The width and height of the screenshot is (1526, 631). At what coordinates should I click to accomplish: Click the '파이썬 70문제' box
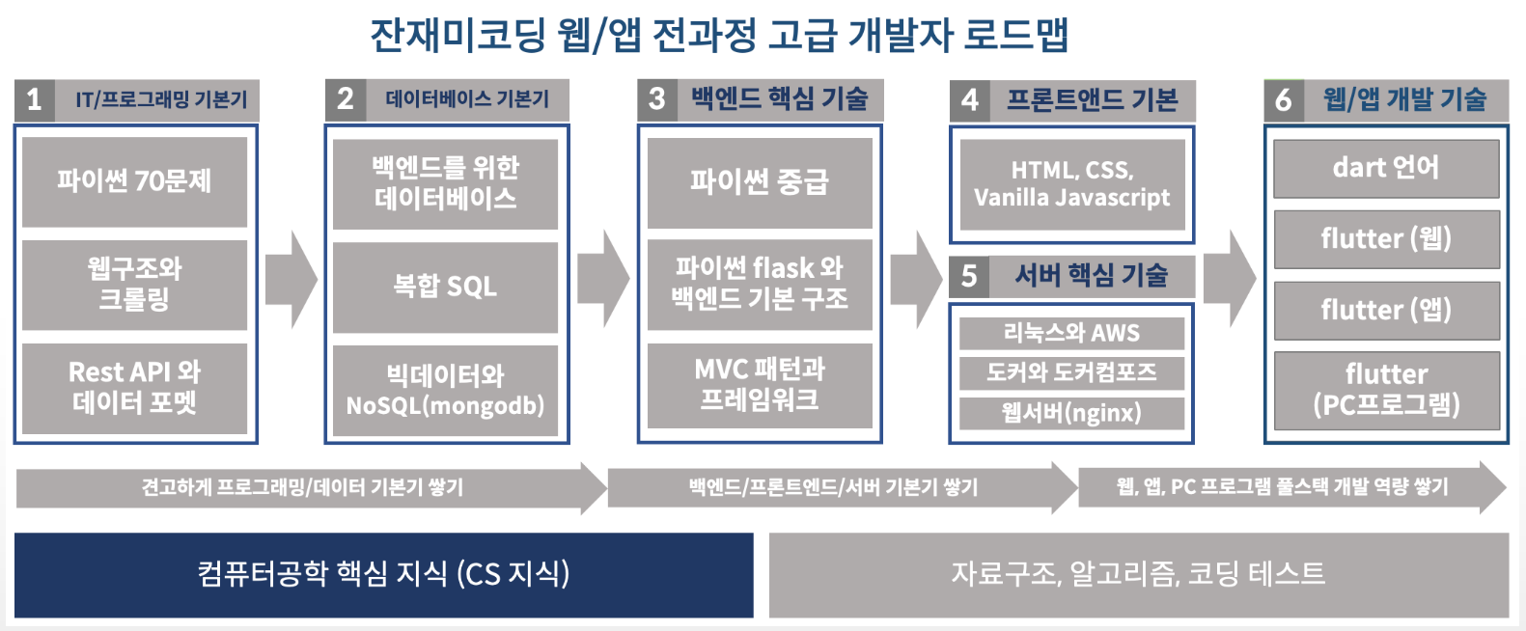coord(134,181)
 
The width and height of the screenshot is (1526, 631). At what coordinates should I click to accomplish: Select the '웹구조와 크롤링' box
coord(134,285)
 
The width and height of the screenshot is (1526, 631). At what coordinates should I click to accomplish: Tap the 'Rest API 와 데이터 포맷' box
coord(134,388)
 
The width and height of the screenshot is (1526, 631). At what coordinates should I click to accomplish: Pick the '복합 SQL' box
coord(445,288)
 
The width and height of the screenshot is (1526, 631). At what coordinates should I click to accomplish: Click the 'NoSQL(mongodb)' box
coord(445,391)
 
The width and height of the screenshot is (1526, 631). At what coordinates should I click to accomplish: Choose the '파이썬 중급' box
coord(760,183)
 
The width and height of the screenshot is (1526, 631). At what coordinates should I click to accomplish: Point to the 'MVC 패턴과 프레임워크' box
coord(760,386)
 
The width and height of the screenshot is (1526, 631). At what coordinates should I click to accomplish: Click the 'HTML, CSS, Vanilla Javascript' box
coord(1072,184)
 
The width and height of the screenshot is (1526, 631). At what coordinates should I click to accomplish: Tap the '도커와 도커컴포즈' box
coord(1071,373)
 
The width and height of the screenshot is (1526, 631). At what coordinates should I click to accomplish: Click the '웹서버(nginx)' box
coord(1071,413)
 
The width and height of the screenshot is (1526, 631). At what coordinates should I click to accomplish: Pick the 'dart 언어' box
coord(1386,169)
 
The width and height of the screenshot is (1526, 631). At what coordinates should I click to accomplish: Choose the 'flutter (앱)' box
coord(1386,311)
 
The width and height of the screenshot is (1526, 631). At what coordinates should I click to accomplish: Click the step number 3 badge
coord(657,99)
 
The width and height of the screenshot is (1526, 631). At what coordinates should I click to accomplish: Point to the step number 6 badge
coord(1284,100)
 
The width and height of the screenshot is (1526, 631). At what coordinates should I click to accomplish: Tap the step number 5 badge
coord(969,276)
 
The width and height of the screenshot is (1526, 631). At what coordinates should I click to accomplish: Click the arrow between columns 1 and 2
coord(291,279)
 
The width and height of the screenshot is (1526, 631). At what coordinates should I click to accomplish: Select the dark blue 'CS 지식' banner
coord(383,574)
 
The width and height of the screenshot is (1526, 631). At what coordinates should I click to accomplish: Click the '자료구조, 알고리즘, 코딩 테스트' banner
coord(1138,574)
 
